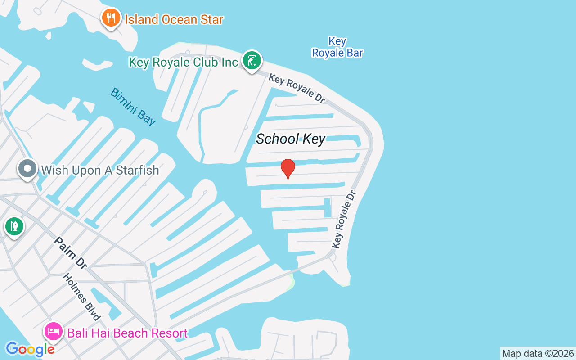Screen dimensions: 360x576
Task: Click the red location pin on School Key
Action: tap(288, 168)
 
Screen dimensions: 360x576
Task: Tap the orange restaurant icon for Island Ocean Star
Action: tap(110, 18)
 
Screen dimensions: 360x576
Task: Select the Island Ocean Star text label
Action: tap(174, 20)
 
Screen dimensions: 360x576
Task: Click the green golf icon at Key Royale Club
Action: tap(252, 60)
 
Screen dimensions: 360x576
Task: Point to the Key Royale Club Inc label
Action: tap(183, 62)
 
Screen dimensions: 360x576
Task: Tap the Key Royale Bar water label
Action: tap(337, 47)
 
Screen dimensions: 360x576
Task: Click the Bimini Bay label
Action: tap(133, 106)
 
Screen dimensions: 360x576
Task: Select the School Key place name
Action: tap(290, 139)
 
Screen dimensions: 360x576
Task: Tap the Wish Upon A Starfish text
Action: tap(100, 171)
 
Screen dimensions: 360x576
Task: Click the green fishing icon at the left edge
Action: tap(14, 226)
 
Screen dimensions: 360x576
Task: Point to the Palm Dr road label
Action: tap(70, 253)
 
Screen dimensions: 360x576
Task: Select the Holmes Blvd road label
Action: tap(81, 297)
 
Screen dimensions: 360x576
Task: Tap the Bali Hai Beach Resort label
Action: tap(127, 333)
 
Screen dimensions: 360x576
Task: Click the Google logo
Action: tap(30, 349)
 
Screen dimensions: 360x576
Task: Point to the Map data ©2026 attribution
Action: tap(538, 354)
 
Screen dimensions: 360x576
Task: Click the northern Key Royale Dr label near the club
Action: tap(297, 89)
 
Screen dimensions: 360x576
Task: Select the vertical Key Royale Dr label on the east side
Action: tap(344, 219)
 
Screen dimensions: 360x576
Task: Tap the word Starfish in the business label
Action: tap(138, 171)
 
